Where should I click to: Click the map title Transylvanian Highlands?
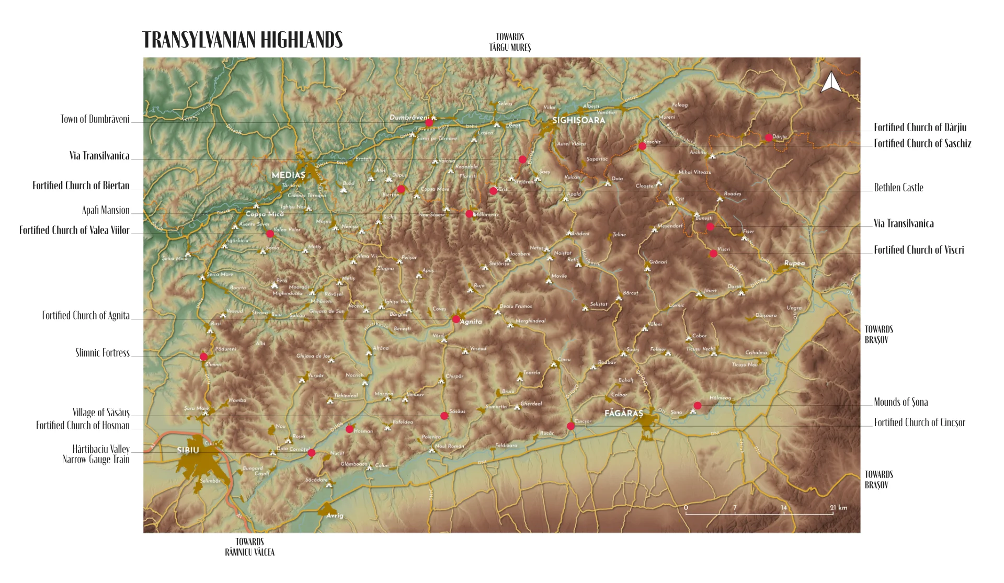click(242, 40)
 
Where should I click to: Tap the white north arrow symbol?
click(830, 83)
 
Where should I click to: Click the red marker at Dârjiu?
click(769, 138)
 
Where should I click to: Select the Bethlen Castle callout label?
click(898, 188)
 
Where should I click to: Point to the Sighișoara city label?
click(579, 120)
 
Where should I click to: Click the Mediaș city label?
click(288, 175)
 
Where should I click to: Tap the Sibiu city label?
click(188, 450)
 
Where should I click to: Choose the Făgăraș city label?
click(623, 414)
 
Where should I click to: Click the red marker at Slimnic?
click(203, 357)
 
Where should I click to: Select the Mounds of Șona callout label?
click(900, 402)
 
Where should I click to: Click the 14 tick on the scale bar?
click(783, 508)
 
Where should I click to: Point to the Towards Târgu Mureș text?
click(510, 42)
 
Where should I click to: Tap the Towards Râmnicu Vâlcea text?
click(249, 547)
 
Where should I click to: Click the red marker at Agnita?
click(456, 319)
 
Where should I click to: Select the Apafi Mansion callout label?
click(106, 210)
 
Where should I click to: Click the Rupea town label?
click(794, 264)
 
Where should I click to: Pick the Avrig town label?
click(335, 516)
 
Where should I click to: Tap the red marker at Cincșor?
click(571, 426)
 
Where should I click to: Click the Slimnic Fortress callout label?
click(102, 353)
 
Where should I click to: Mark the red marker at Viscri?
click(713, 254)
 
